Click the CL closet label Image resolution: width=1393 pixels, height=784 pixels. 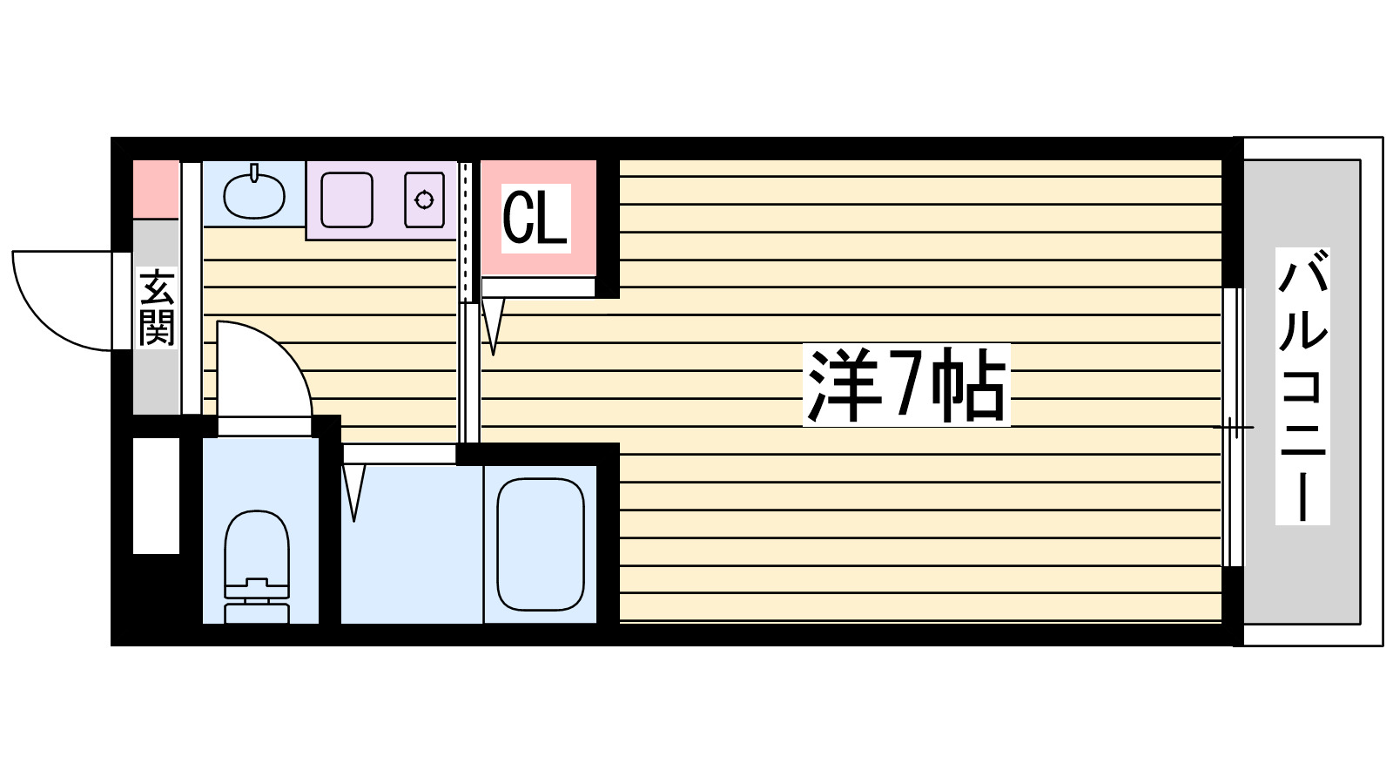tap(535, 218)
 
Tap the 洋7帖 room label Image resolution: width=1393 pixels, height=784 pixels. tap(905, 385)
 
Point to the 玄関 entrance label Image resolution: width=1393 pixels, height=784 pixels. tap(157, 308)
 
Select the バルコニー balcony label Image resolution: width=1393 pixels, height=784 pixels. tap(1302, 386)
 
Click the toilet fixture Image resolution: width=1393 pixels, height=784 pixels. tap(257, 558)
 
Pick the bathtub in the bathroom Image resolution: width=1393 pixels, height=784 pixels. tap(540, 544)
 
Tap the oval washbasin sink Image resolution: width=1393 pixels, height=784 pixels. tap(253, 196)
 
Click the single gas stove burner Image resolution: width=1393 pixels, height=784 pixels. tap(424, 200)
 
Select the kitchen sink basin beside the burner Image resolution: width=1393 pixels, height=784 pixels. tap(347, 200)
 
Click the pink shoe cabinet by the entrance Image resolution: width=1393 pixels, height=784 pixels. tap(156, 189)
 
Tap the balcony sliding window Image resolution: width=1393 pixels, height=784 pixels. tap(1232, 427)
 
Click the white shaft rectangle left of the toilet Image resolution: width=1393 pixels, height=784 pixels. tap(156, 495)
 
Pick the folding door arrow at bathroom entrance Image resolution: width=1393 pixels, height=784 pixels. tap(353, 492)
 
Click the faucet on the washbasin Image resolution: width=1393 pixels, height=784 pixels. tap(254, 172)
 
